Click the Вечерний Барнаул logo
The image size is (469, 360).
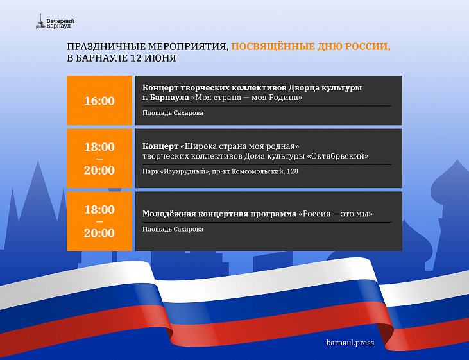(55, 22)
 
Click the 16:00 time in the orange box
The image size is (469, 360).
(99, 101)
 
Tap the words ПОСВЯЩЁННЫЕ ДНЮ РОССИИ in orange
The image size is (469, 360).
(311, 46)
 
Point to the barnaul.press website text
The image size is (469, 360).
(350, 343)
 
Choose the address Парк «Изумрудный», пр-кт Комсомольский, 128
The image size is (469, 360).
(220, 171)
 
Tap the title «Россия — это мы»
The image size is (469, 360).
(336, 214)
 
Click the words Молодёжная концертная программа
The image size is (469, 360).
(219, 214)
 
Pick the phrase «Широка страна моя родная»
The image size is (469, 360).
(240, 146)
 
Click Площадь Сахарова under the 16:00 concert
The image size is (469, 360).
(173, 113)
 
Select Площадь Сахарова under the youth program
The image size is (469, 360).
(173, 229)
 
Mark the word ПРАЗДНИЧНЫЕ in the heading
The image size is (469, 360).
(107, 47)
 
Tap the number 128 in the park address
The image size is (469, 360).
(292, 171)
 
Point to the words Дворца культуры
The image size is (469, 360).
(325, 88)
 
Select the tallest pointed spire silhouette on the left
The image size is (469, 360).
(38, 191)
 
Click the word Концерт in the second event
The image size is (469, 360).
(160, 146)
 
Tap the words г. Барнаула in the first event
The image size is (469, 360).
(166, 98)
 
